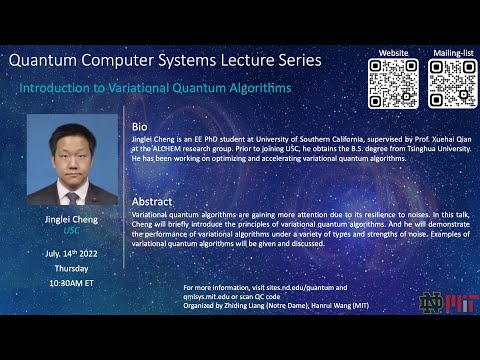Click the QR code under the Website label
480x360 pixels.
[x=393, y=83]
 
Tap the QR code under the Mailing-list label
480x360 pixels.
[x=452, y=83]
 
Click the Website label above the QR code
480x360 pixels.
[x=392, y=52]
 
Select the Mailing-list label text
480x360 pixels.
[x=452, y=52]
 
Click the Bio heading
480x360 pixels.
[x=140, y=128]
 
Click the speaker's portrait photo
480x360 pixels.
[x=72, y=160]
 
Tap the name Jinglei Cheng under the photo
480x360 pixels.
[x=72, y=218]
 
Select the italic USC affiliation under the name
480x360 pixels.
[x=72, y=231]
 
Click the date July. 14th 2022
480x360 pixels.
[x=72, y=256]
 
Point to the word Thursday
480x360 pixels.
[x=72, y=270]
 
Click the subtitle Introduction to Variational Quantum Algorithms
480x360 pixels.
[x=155, y=88]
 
